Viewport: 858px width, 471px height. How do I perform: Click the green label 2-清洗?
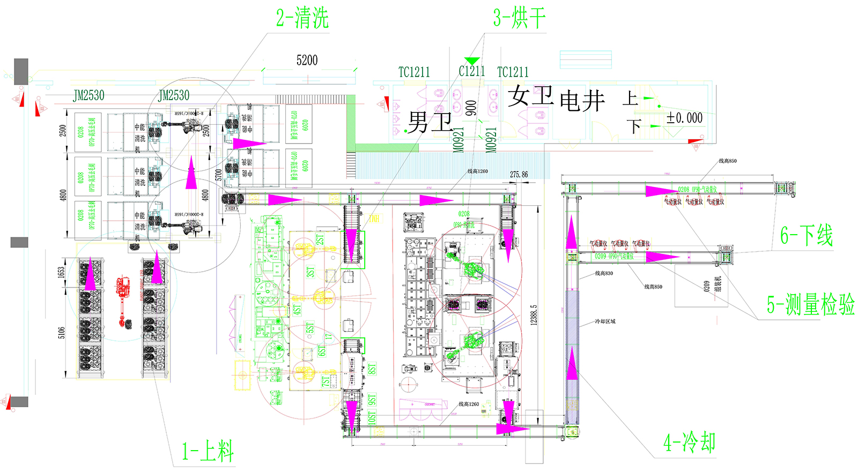(302, 19)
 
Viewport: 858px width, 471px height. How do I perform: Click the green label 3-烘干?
(519, 19)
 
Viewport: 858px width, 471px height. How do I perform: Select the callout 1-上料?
(208, 451)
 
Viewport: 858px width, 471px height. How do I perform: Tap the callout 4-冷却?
(689, 443)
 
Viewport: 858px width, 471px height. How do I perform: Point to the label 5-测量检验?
(810, 305)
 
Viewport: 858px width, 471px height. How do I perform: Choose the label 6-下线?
(807, 236)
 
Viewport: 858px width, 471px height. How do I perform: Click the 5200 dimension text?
(307, 61)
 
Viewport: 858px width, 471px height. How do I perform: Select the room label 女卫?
(531, 96)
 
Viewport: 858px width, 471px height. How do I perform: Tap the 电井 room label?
(582, 101)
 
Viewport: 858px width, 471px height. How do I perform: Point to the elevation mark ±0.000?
(684, 118)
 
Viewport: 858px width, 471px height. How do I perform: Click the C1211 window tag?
(472, 71)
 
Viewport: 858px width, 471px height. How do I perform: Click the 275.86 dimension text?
(519, 175)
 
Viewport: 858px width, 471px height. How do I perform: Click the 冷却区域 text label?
(605, 322)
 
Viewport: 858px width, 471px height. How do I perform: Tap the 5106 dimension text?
(62, 332)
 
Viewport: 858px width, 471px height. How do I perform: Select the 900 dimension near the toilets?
(471, 108)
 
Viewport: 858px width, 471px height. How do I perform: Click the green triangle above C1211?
(472, 61)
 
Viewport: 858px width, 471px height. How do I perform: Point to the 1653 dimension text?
(61, 272)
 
